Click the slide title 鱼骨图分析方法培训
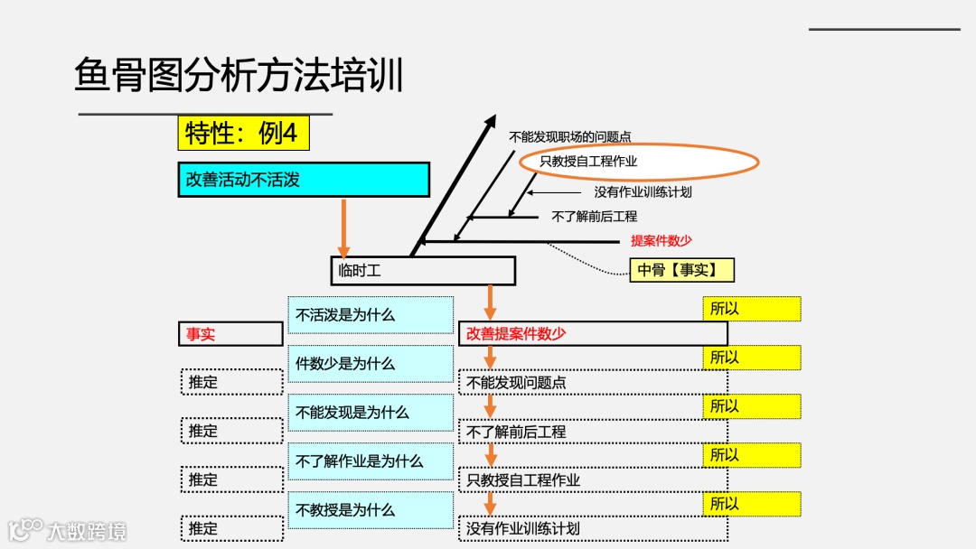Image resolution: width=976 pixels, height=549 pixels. (x=239, y=76)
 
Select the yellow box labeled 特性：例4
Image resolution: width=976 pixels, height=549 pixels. (x=243, y=134)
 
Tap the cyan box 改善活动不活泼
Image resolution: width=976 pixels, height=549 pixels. (x=303, y=180)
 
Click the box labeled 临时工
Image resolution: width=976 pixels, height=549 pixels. (x=422, y=270)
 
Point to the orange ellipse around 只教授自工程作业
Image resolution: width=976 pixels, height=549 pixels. (x=638, y=162)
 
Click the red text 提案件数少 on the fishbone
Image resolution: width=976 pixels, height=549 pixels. (x=661, y=241)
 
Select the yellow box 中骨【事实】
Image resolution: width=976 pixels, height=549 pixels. (x=681, y=270)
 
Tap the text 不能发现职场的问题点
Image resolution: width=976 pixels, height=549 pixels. (x=570, y=137)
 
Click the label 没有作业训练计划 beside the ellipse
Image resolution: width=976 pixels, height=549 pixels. (x=643, y=192)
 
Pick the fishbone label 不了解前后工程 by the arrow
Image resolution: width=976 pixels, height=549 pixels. (x=594, y=217)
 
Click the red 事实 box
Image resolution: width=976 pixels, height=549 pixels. (x=230, y=334)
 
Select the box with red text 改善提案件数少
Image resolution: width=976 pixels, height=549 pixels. (x=592, y=333)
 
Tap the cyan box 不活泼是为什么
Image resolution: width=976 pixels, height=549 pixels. (x=371, y=315)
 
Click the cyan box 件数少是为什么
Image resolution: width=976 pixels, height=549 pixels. (x=371, y=364)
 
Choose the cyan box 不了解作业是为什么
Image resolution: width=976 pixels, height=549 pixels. (x=371, y=461)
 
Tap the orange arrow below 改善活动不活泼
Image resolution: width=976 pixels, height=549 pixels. (x=343, y=228)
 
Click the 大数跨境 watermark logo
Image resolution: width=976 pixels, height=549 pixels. (x=68, y=530)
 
